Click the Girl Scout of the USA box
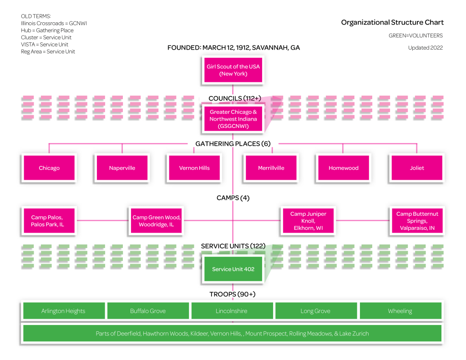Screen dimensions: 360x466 point(233,70)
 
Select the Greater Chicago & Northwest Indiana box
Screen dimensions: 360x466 point(233,119)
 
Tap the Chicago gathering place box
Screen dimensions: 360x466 point(49,168)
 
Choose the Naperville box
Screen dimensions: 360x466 point(122,168)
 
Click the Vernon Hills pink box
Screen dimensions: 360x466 point(194,168)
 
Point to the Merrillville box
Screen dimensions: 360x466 point(271,168)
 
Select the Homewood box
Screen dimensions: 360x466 point(344,168)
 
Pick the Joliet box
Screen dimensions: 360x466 point(416,168)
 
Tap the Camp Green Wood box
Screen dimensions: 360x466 point(157,221)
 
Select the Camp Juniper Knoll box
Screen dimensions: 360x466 point(309,221)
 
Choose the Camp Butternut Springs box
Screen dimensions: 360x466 point(416,221)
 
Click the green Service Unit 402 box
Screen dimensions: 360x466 point(233,269)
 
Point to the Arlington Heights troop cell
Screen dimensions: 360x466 point(63,311)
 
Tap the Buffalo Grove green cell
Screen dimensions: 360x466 point(148,311)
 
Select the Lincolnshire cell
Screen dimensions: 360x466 point(232,311)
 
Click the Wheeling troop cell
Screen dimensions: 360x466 point(400,311)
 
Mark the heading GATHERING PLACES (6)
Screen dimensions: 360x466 point(233,144)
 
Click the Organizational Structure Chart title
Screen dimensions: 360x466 point(392,22)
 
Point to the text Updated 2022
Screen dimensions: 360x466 point(425,48)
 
